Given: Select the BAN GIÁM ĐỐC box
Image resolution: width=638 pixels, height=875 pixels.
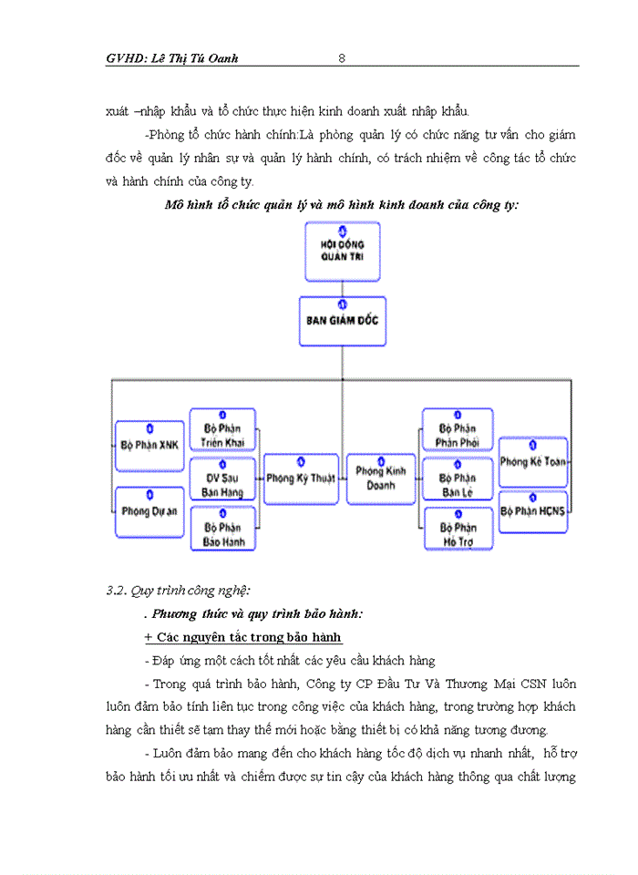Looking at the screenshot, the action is click(x=342, y=321).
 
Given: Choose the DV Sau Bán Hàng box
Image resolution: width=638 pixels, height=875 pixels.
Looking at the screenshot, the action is click(x=223, y=480).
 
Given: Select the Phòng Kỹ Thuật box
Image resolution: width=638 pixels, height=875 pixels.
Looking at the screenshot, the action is click(x=300, y=478).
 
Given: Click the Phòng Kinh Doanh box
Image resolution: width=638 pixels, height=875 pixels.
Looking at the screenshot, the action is click(x=381, y=478).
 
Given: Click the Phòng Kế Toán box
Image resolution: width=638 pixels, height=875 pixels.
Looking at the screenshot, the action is click(x=533, y=461).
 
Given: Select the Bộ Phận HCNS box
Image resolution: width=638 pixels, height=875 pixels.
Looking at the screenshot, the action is click(x=533, y=511).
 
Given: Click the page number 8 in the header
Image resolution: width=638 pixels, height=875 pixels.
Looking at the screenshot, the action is click(x=341, y=58).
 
